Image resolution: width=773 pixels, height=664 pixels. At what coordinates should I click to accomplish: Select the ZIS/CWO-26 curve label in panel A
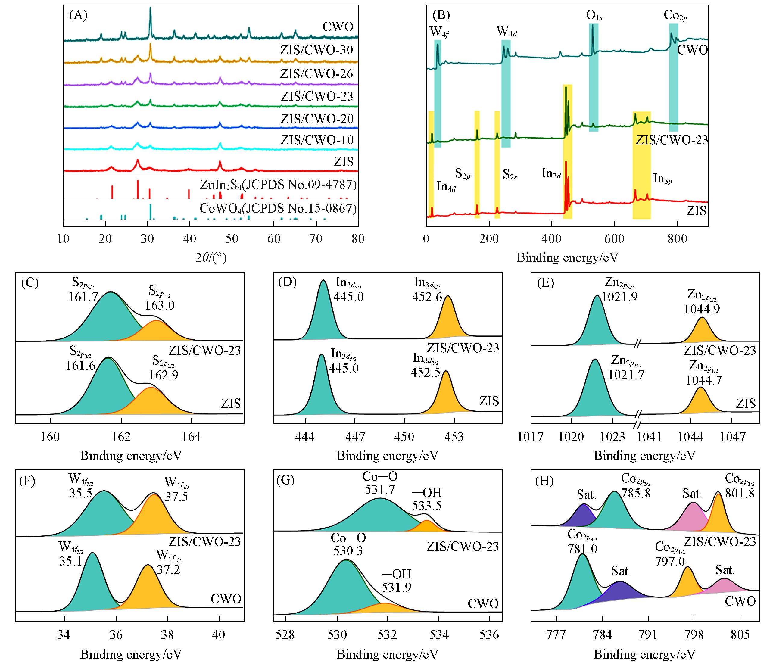[316, 73]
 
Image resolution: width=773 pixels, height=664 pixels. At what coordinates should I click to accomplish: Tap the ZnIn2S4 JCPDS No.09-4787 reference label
[278, 185]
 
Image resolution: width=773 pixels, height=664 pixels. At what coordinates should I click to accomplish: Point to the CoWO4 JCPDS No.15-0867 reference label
[278, 208]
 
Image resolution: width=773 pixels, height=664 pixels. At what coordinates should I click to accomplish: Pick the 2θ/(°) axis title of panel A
[211, 257]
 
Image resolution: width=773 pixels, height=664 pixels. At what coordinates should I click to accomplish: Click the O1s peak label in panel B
[594, 16]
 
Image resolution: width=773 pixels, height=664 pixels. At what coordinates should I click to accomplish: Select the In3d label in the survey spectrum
[551, 173]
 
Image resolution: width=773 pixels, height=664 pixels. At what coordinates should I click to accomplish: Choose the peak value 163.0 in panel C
[160, 305]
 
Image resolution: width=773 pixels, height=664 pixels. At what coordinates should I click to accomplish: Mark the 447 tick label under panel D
[355, 436]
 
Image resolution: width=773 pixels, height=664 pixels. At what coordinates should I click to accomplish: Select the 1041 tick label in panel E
[650, 436]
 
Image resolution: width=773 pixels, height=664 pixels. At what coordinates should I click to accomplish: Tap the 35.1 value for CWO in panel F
[70, 561]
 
